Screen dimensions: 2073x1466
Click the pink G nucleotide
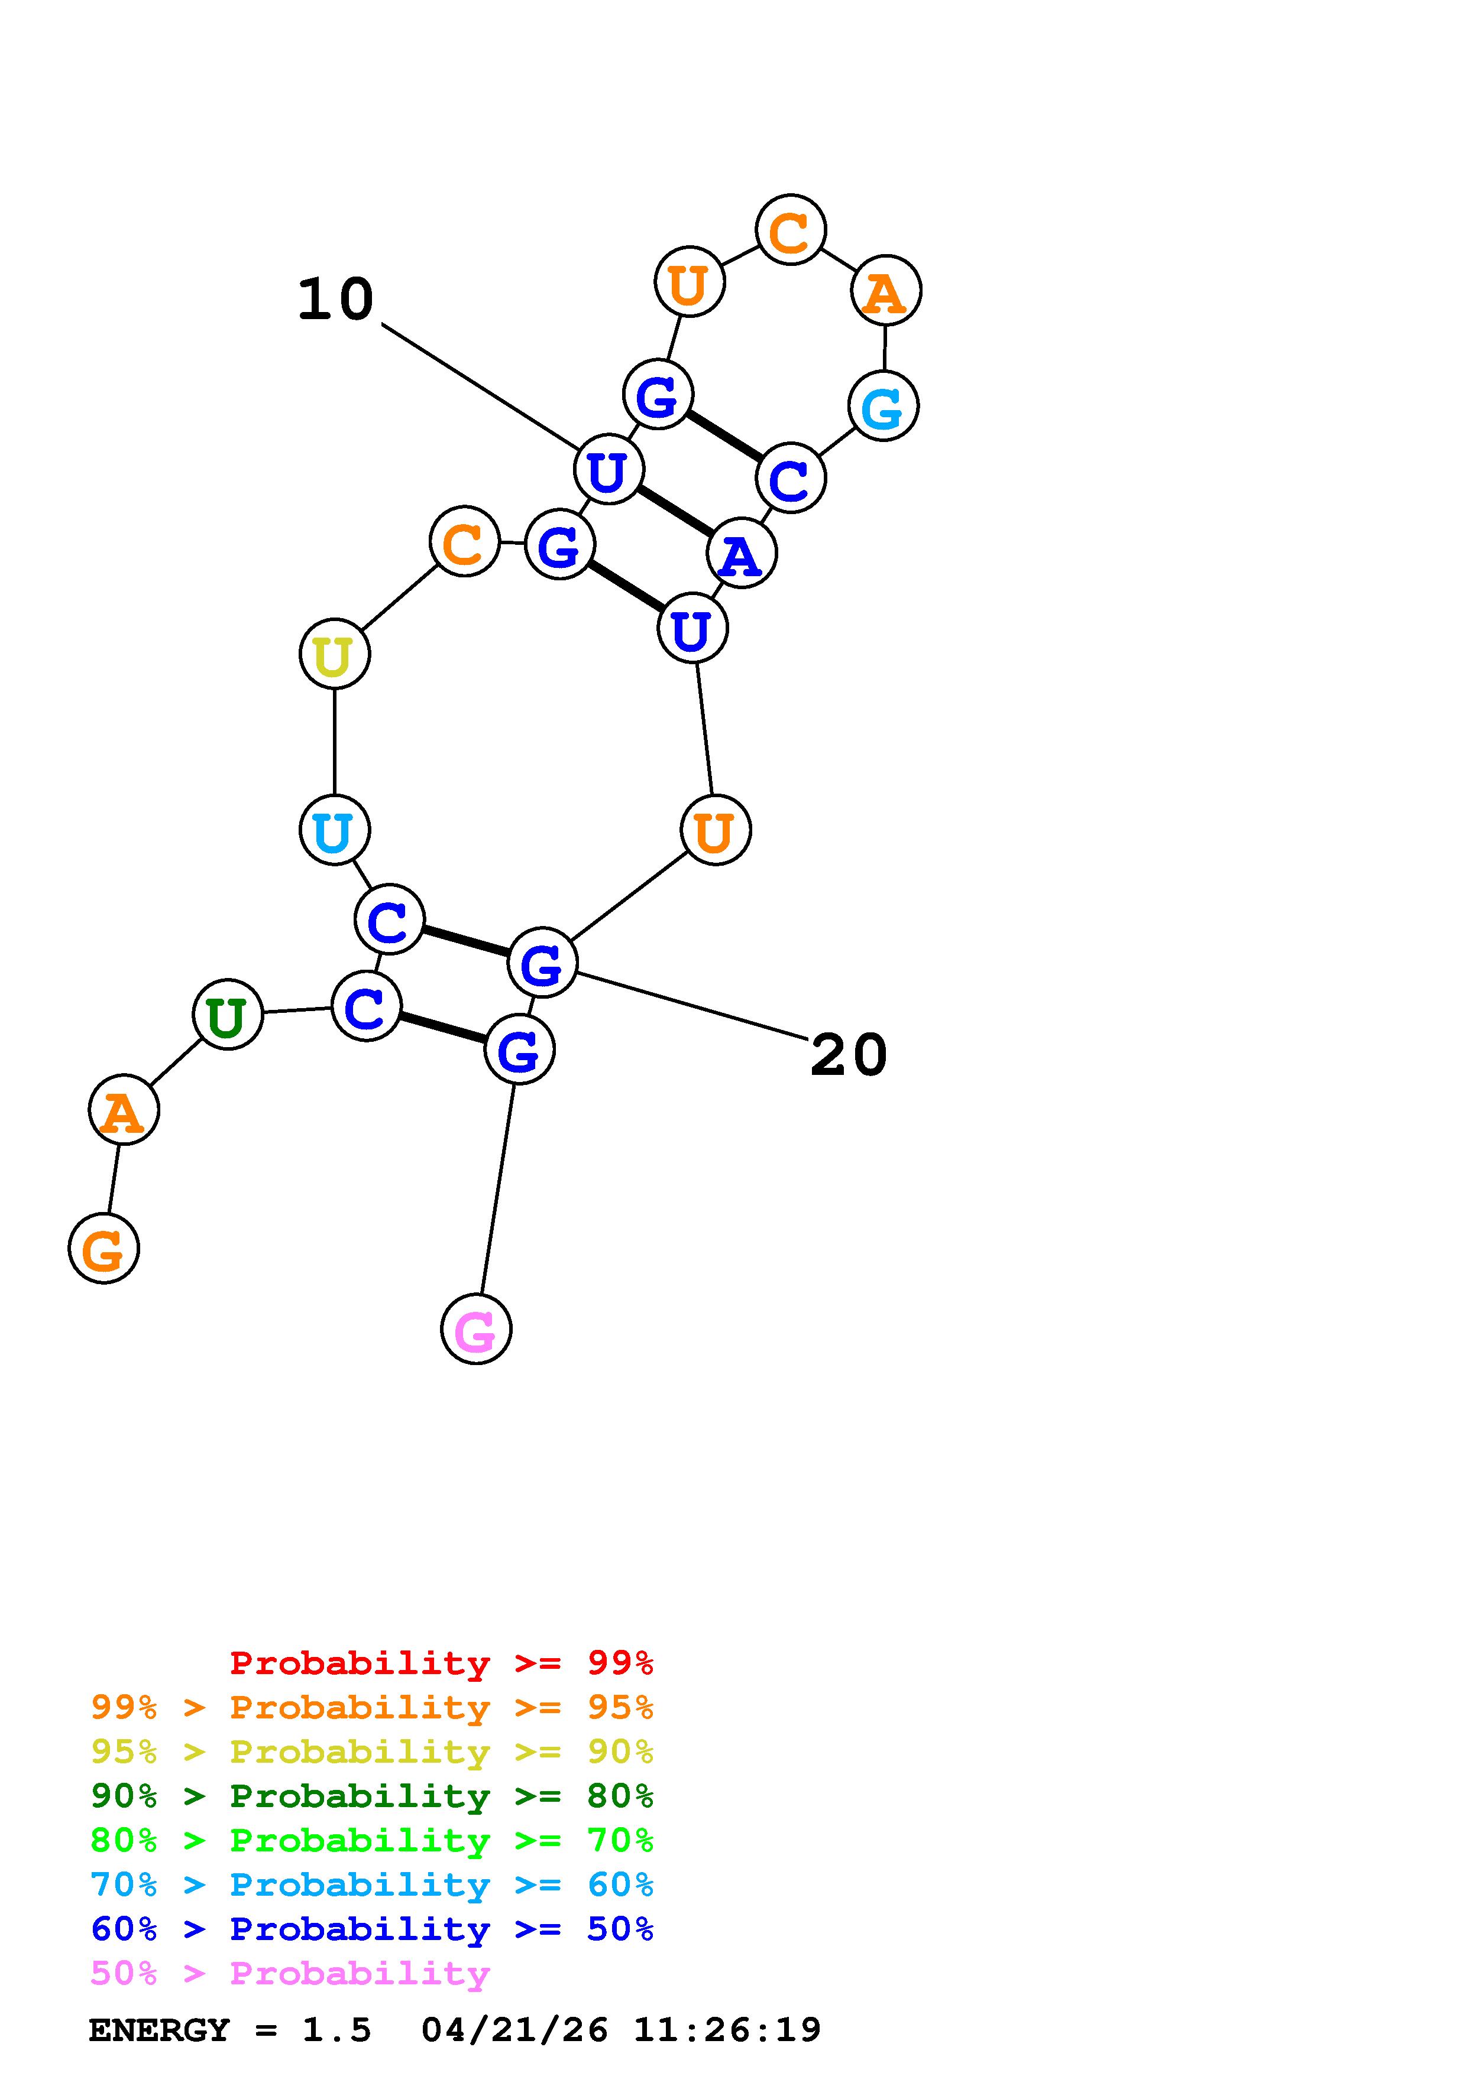[x=476, y=1329]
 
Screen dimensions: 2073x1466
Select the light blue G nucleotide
[x=884, y=407]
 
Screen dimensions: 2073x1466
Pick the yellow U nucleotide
[x=334, y=654]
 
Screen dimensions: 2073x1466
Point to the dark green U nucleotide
[x=228, y=1015]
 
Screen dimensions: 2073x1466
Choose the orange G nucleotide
[x=104, y=1249]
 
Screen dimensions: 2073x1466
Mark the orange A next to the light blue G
[x=886, y=291]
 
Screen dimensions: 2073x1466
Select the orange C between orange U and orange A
[x=790, y=230]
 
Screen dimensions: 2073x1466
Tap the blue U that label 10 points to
[x=609, y=469]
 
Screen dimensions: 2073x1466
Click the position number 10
[x=335, y=300]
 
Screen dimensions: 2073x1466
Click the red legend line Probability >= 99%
[x=442, y=1663]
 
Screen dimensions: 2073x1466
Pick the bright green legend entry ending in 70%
[x=372, y=1840]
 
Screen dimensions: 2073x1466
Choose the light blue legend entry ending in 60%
[x=372, y=1885]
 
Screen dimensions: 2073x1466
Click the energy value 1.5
[x=336, y=2030]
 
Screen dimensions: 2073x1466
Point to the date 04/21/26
[x=515, y=2030]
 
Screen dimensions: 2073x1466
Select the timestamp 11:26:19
[x=727, y=2030]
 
